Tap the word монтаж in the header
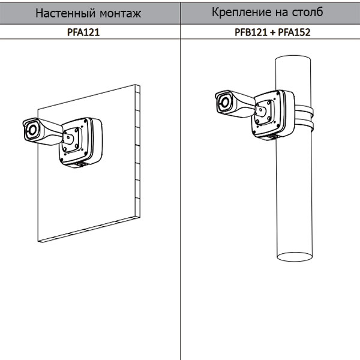tap(121, 14)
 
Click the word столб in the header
tap(307, 12)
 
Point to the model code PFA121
tap(83, 32)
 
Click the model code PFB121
tap(251, 32)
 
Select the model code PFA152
tap(294, 32)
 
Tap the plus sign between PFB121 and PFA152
tap(272, 32)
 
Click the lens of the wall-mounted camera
tap(32, 130)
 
